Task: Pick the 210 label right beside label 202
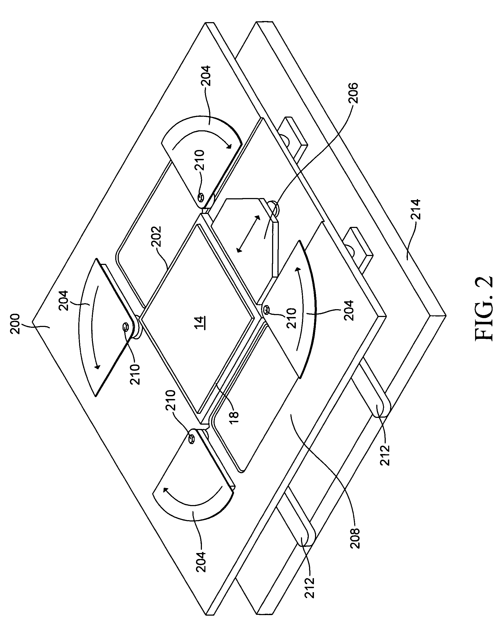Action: [199, 161]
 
